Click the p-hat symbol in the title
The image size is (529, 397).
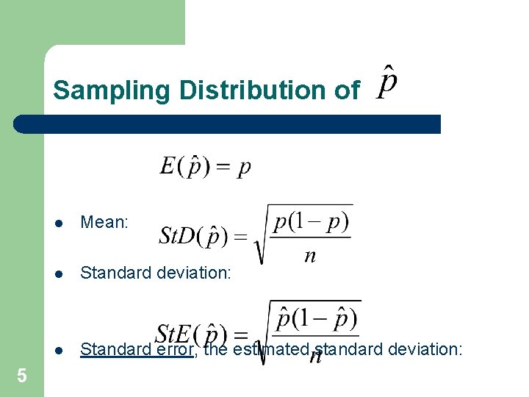point(387,82)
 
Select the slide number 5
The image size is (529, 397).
point(21,376)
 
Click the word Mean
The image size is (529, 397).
point(104,222)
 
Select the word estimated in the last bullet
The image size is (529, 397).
point(269,349)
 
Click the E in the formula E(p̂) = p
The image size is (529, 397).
point(168,167)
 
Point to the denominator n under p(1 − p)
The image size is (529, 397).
point(310,256)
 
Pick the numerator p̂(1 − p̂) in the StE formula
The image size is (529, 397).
point(316,319)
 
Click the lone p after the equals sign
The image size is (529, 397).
point(244,169)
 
